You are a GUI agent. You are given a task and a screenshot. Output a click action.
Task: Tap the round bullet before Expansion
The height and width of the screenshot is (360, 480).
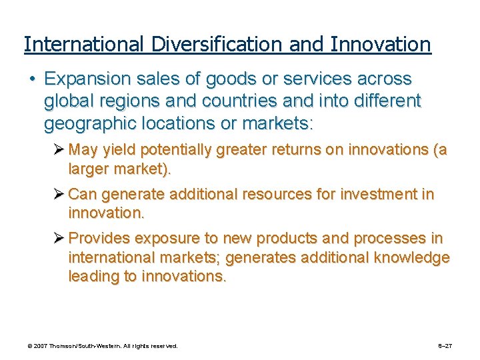[x=32, y=79]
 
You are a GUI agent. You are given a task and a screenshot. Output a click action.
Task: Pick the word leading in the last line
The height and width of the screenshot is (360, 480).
[x=91, y=277]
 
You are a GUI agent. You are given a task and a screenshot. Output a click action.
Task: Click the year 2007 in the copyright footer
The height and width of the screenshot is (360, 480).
[x=42, y=346]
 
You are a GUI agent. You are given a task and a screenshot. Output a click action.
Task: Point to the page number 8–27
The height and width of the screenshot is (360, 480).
[x=445, y=346]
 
